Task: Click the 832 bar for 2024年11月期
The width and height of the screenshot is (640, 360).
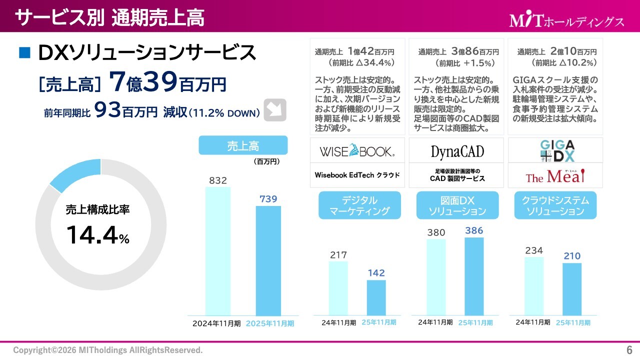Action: click(218, 251)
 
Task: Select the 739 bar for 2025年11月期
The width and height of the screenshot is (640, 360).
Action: click(268, 260)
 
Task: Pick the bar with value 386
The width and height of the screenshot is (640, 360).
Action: click(474, 276)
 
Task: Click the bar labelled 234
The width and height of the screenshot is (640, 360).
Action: click(534, 286)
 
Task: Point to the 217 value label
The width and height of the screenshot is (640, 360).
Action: click(338, 255)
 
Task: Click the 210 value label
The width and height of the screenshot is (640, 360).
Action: click(572, 256)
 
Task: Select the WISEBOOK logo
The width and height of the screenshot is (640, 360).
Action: click(357, 150)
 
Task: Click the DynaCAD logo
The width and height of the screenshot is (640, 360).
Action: click(457, 151)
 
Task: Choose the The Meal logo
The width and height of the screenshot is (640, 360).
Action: click(555, 176)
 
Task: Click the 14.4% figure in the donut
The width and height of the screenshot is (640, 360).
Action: click(97, 235)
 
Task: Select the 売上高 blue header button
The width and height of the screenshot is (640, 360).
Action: click(243, 145)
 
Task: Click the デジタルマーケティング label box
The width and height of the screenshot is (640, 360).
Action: click(360, 205)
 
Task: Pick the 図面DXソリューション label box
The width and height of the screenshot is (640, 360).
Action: click(457, 205)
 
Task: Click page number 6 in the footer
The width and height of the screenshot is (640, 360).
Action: click(629, 349)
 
